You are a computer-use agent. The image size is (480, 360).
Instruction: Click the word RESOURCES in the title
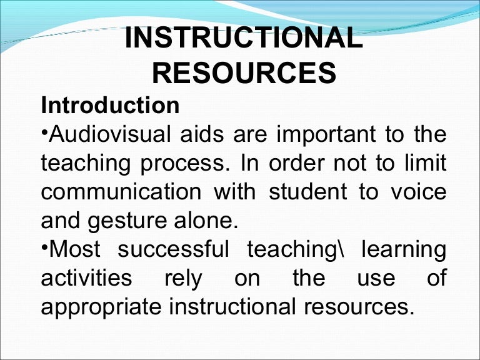(x=244, y=74)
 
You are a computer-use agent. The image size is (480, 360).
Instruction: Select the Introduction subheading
(x=111, y=105)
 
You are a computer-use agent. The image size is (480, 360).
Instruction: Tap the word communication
(x=120, y=192)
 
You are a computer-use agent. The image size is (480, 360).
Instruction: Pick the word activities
(x=86, y=278)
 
